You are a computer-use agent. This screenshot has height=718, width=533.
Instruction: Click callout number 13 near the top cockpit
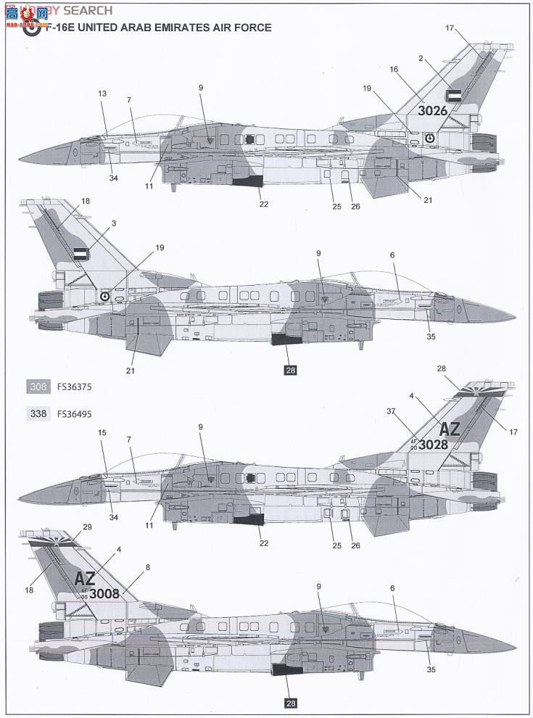pyautogui.click(x=102, y=94)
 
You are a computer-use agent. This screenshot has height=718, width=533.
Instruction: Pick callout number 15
pyautogui.click(x=102, y=433)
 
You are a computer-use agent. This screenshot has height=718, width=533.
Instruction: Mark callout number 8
pyautogui.click(x=148, y=567)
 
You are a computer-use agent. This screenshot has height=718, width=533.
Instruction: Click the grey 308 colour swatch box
pyautogui.click(x=38, y=387)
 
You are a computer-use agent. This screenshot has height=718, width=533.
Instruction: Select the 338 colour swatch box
pyautogui.click(x=38, y=414)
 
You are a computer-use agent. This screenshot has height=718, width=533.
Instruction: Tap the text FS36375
pyautogui.click(x=73, y=387)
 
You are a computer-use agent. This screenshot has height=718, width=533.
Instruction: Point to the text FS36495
pyautogui.click(x=73, y=414)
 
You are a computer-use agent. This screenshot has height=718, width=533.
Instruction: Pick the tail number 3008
pyautogui.click(x=104, y=593)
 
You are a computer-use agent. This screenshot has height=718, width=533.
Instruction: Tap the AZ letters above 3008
pyautogui.click(x=86, y=578)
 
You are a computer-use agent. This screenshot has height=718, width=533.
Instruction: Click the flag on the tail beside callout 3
pyautogui.click(x=80, y=254)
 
